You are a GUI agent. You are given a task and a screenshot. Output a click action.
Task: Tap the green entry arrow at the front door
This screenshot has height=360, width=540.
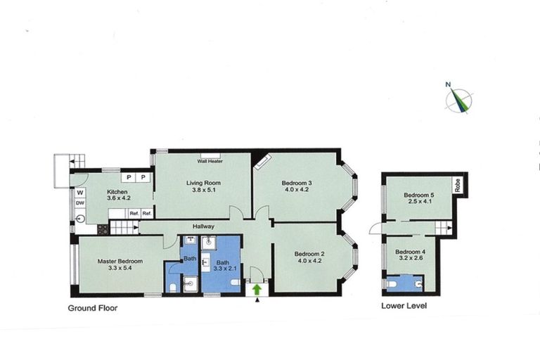(257, 288)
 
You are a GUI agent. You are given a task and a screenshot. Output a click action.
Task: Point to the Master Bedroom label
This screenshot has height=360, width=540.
(120, 262)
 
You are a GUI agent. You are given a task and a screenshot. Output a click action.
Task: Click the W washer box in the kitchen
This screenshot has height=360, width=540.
(80, 192)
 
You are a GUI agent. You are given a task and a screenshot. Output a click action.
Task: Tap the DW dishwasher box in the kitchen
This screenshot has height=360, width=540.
(80, 204)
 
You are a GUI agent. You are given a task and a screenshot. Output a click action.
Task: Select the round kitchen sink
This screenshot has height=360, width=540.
(80, 218)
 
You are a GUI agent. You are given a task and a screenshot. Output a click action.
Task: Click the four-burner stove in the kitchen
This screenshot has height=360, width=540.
(102, 229)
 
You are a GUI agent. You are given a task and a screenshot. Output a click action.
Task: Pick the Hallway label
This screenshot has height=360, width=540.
(204, 226)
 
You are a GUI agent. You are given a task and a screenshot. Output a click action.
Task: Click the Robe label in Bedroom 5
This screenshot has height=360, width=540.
(457, 186)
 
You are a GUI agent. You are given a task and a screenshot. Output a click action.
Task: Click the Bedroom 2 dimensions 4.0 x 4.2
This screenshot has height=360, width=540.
(309, 262)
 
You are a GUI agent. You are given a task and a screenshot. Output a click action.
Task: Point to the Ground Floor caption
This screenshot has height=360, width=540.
(94, 308)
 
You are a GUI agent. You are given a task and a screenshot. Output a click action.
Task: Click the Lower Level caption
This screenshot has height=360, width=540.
(404, 306)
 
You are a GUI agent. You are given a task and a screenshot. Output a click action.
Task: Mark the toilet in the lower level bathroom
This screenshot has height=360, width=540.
(419, 283)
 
